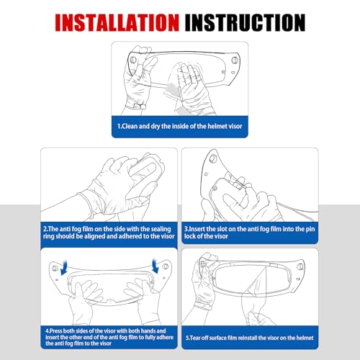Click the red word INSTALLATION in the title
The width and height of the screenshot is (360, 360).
(117, 22)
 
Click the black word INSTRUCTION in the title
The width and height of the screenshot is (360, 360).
(245, 22)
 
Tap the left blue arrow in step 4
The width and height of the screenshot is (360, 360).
(64, 268)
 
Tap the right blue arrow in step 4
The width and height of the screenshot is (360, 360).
(156, 266)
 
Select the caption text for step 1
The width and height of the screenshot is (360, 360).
(179, 126)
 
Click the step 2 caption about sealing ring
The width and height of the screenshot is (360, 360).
(109, 233)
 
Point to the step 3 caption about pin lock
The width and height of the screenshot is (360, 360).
(249, 233)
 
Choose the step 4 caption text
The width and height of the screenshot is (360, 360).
(109, 337)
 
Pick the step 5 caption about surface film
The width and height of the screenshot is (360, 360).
(250, 338)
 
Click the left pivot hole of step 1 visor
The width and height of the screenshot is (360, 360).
(133, 60)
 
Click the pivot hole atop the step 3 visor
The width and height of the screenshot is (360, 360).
(212, 158)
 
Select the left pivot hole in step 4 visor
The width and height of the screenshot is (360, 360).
(55, 268)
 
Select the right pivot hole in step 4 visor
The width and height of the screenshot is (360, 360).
(166, 266)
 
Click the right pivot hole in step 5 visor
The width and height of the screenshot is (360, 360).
(300, 266)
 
